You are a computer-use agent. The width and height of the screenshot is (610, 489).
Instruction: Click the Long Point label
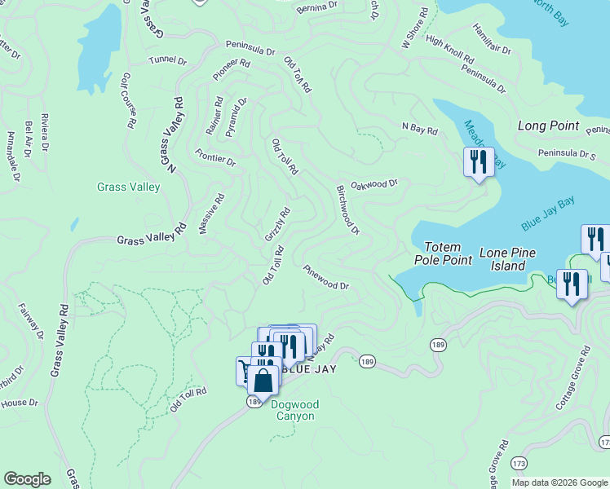tap(548, 126)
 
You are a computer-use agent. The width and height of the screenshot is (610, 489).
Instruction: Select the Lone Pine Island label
tap(507, 259)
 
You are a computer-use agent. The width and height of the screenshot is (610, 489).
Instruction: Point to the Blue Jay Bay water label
tap(548, 214)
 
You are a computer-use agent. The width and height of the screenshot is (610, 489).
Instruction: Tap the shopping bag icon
tap(263, 381)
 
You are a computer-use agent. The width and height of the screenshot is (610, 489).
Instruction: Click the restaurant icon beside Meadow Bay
tap(478, 162)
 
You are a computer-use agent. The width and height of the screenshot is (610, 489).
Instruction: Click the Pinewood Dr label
tap(325, 277)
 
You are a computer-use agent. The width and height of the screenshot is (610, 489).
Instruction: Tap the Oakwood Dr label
tap(374, 184)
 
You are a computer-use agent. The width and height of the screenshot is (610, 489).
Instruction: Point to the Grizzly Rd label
tap(277, 224)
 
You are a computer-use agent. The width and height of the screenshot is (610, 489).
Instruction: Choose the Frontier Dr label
tap(215, 157)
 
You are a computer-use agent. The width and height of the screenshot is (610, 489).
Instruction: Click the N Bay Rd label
tap(419, 128)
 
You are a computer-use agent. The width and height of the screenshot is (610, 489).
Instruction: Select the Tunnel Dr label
tap(168, 59)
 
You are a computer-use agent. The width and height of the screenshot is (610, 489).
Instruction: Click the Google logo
tap(27, 479)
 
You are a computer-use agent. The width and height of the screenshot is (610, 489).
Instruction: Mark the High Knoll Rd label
tap(449, 50)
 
